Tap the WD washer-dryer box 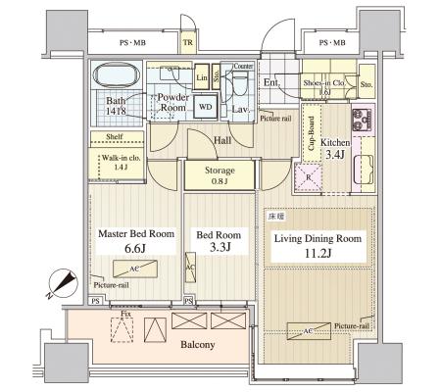[x=205, y=106]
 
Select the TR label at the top [x=187, y=42]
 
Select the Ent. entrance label [x=271, y=82]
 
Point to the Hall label [x=222, y=141]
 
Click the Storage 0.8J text [x=219, y=174]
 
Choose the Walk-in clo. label [x=122, y=161]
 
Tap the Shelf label [x=114, y=137]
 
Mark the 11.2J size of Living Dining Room [x=318, y=254]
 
